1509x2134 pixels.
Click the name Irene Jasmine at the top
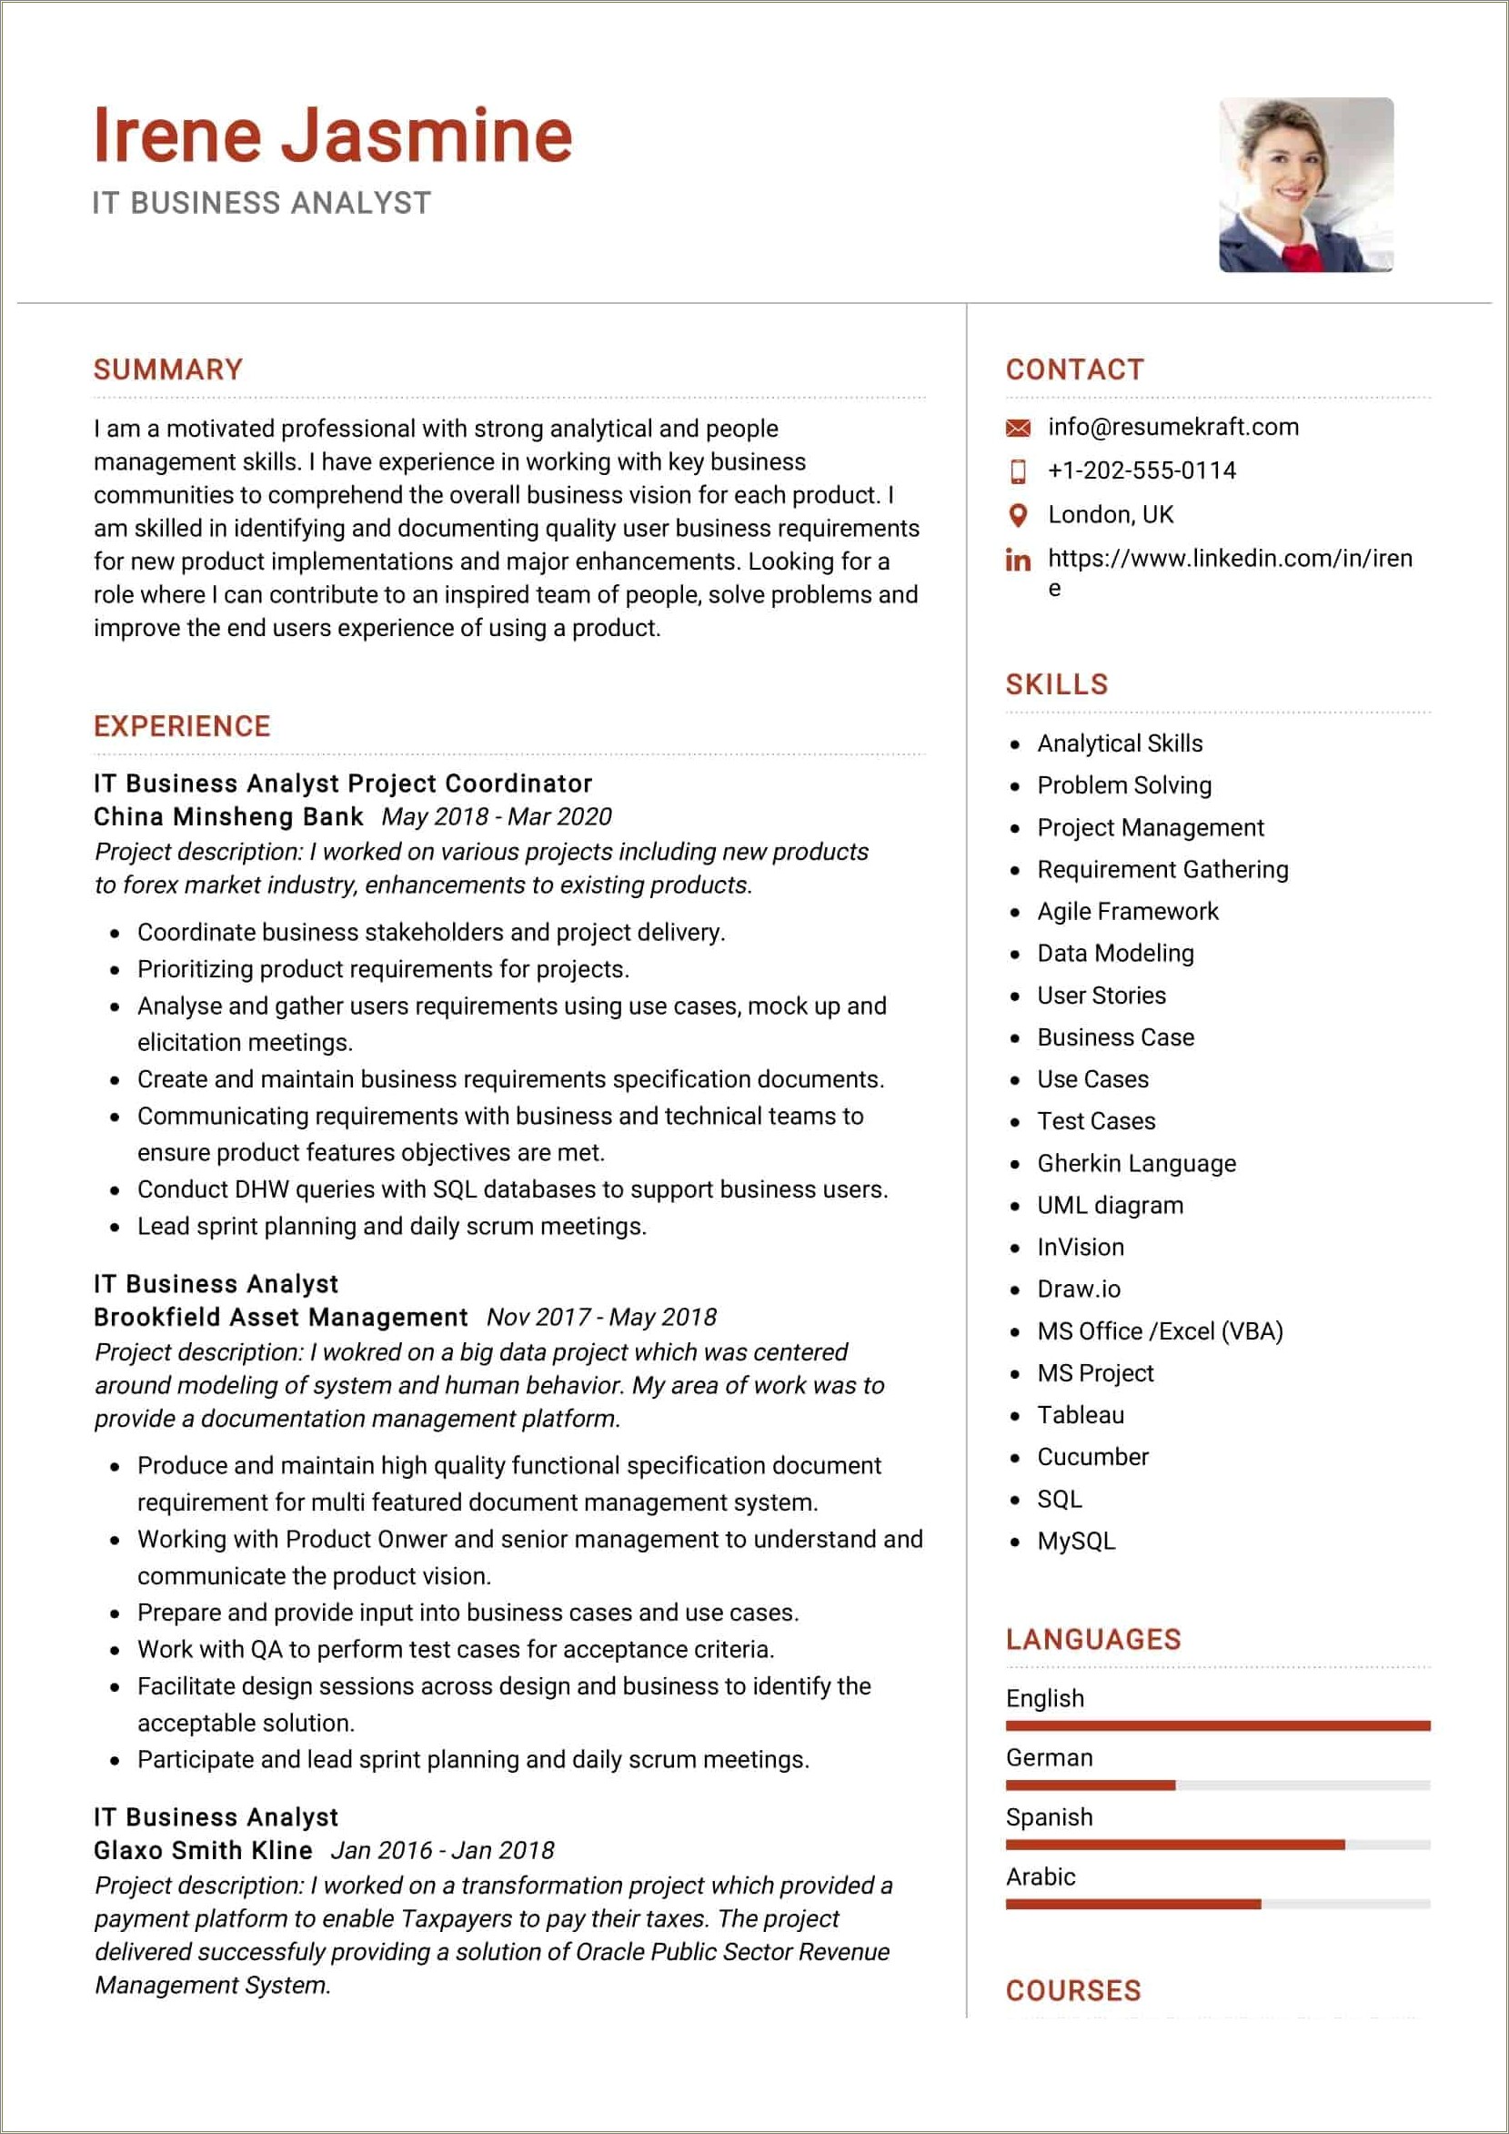click(333, 136)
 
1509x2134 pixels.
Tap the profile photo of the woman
click(1305, 185)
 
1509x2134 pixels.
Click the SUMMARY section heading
click(168, 369)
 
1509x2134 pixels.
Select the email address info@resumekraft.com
click(1172, 427)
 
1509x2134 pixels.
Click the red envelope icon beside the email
click(1018, 428)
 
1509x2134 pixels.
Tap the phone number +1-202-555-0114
click(1141, 470)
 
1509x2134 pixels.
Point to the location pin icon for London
click(1018, 515)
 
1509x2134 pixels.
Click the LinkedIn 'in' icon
click(1018, 560)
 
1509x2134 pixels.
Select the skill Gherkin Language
click(1135, 1163)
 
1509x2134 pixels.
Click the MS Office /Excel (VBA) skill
click(1159, 1331)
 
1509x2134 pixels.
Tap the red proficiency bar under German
click(1089, 1785)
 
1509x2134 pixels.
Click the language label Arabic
click(1040, 1876)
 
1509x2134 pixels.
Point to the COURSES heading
click(1072, 1991)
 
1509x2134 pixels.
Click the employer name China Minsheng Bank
click(227, 817)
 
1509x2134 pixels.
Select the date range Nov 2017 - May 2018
click(601, 1317)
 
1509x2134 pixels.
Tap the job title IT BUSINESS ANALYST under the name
click(261, 203)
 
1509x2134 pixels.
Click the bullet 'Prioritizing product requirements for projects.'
click(383, 969)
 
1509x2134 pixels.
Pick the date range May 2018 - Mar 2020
click(497, 817)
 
